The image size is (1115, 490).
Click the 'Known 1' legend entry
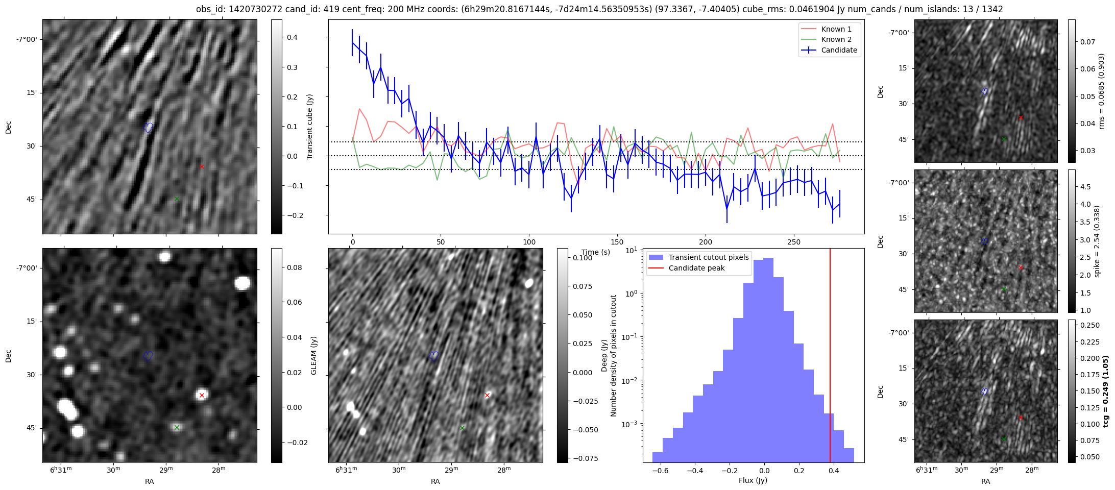pos(836,29)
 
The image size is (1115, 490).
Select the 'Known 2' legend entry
pos(836,39)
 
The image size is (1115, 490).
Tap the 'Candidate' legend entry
pos(839,50)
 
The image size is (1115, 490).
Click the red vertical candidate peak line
pos(830,357)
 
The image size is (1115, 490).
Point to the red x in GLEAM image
pos(202,395)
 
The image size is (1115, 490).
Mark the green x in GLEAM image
pos(177,427)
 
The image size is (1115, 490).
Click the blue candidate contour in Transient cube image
pos(149,127)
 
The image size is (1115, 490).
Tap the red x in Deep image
pos(487,395)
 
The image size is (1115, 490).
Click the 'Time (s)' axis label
pos(596,252)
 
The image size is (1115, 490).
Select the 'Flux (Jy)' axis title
pos(753,480)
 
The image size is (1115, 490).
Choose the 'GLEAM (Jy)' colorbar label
pos(313,355)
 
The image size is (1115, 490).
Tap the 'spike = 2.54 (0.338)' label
pos(1097,241)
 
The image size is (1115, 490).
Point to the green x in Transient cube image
pos(177,199)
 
